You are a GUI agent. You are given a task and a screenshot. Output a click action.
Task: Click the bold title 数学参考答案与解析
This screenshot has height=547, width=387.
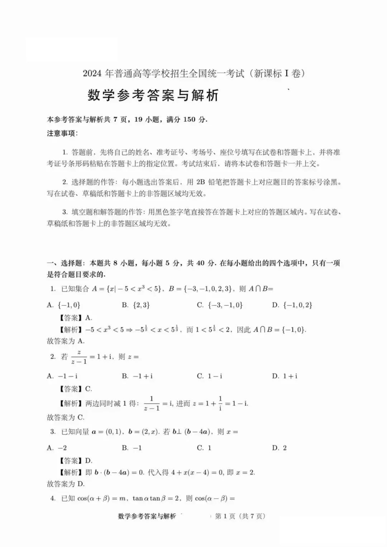[153, 95]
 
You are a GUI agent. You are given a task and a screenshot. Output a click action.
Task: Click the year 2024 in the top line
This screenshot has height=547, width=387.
[92, 74]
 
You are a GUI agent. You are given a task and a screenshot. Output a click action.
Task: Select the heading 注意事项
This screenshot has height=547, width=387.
[62, 134]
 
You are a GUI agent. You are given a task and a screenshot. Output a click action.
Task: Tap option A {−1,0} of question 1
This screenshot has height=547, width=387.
[64, 305]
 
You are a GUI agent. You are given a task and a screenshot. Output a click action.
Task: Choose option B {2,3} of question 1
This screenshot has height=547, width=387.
[136, 305]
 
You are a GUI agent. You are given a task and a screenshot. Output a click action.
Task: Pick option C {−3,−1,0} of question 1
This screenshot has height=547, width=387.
[220, 305]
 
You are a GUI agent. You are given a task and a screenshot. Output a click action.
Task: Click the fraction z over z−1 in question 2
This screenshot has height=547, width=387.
[79, 357]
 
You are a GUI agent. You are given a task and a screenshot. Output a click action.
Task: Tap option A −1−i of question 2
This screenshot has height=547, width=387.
[63, 376]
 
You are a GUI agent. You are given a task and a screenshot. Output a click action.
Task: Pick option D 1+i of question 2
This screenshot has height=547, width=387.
[285, 376]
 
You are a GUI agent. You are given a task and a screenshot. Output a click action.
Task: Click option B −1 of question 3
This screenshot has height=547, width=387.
[132, 448]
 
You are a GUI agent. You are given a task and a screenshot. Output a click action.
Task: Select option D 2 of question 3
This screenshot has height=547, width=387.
[279, 448]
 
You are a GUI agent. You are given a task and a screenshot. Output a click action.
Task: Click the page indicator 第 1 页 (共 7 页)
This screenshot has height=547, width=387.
[240, 516]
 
